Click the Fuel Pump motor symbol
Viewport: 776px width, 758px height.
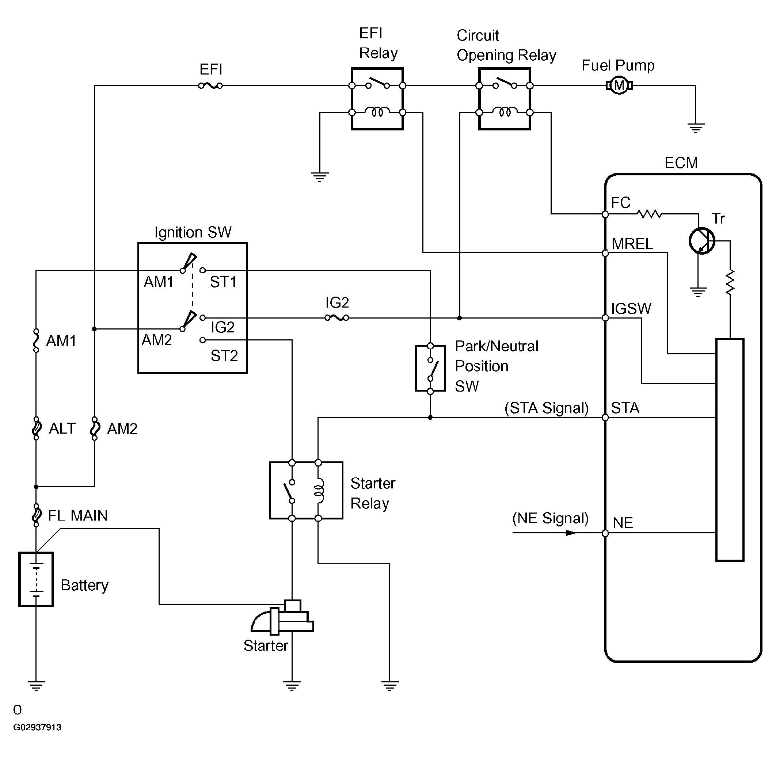(619, 85)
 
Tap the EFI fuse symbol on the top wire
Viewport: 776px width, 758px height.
(210, 85)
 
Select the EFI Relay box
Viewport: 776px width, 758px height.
(377, 99)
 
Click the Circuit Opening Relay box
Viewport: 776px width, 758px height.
(505, 99)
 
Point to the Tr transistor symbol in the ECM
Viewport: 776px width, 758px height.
(701, 241)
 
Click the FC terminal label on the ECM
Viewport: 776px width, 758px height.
(620, 203)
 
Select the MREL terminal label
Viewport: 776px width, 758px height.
(632, 244)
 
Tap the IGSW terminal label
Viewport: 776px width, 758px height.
(631, 309)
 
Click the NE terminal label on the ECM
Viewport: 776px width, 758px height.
(623, 523)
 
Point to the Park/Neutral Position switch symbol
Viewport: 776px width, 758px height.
(430, 369)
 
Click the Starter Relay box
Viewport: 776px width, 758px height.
(305, 491)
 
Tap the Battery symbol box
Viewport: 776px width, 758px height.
(36, 579)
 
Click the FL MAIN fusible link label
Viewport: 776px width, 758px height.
(78, 515)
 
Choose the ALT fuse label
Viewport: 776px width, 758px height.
(62, 428)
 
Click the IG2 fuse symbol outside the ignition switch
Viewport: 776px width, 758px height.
(337, 318)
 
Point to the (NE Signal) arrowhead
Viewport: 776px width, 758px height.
(570, 533)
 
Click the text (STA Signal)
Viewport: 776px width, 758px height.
(546, 408)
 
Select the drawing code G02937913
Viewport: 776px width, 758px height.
(37, 727)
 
